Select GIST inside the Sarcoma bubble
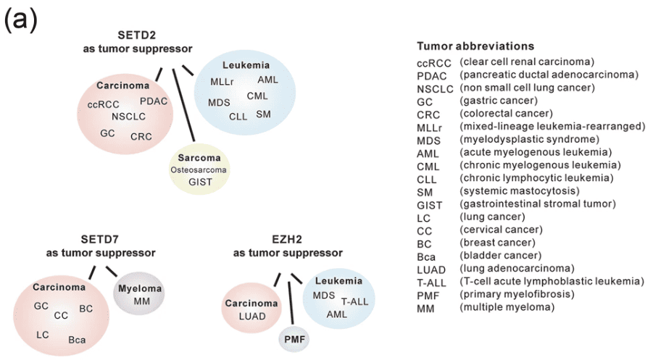199,182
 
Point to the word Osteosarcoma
199,169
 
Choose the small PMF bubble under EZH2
294,338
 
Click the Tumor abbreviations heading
475,46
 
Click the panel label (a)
21,20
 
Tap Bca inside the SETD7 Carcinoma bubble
78,339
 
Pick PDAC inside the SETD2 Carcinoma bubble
153,101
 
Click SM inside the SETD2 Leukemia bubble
264,114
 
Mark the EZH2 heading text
288,240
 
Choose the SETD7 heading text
100,240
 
